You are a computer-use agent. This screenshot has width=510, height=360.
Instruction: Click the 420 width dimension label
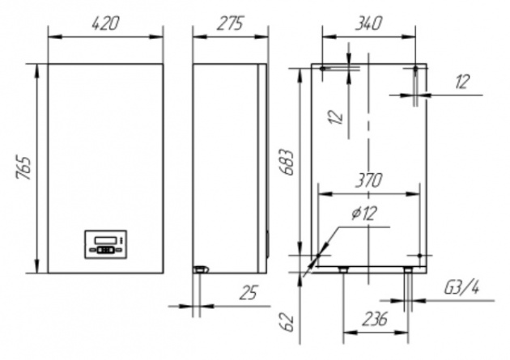coord(106,23)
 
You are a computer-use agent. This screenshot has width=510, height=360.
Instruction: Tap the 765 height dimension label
coord(23,168)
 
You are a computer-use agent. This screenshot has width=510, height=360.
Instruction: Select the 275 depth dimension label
coord(230,23)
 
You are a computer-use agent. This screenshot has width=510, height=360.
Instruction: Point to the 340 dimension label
coord(368,23)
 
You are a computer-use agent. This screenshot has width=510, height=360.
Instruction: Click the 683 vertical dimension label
coord(287,163)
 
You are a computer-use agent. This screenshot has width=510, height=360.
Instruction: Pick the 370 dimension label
coord(368,180)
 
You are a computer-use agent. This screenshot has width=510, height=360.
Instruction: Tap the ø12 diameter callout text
coord(364,213)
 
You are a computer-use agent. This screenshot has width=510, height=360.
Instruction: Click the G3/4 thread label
coord(462,288)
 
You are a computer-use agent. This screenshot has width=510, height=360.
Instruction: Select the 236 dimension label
coord(375,319)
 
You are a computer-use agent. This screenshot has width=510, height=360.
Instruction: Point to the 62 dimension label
coord(287,322)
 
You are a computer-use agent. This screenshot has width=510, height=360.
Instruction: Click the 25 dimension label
coord(249,292)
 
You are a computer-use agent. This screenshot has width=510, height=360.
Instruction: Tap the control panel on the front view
coord(106,244)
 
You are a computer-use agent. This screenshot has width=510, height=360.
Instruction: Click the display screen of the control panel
coord(105,240)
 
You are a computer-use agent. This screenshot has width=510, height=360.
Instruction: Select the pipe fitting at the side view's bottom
coord(201,269)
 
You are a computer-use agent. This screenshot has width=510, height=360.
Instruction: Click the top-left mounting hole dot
coord(322,69)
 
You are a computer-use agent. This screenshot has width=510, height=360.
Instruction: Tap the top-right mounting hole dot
coord(415,69)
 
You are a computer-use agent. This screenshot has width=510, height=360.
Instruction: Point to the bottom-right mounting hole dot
coord(419,256)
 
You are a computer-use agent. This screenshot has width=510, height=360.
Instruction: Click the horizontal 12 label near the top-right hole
coord(462,82)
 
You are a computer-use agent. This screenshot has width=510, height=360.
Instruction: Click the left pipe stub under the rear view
coord(342,269)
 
